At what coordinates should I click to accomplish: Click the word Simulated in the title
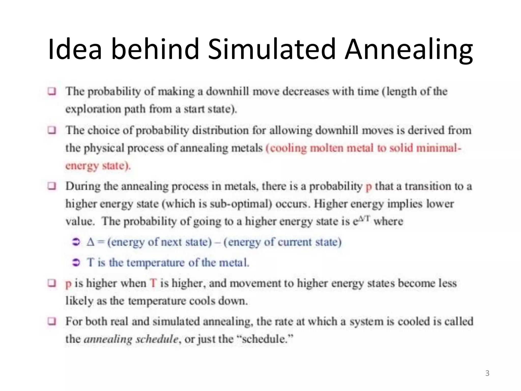tap(271, 49)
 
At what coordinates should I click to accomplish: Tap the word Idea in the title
tap(75, 49)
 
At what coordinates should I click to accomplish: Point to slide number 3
tap(487, 373)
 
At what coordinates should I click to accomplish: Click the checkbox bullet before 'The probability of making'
tap(52, 91)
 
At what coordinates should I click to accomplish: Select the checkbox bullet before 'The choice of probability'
tap(52, 130)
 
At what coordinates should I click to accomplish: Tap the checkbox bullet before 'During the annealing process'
tap(52, 186)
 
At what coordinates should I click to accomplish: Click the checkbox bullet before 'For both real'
tap(52, 321)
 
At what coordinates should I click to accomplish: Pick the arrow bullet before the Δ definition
tap(76, 242)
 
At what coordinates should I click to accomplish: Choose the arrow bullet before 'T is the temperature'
tap(76, 262)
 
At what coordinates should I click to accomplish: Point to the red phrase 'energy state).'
tap(98, 166)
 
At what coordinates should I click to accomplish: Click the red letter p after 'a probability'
tap(368, 187)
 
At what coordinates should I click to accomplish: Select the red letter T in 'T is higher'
tap(153, 283)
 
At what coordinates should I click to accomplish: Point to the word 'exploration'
tap(93, 109)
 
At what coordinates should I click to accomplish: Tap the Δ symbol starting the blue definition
tap(91, 242)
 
